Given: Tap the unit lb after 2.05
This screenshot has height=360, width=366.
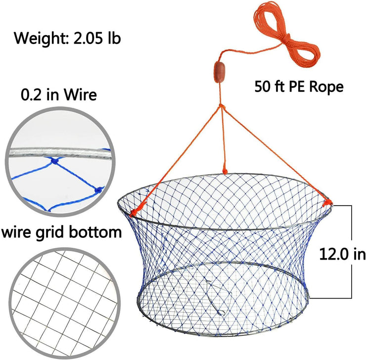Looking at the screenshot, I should tap(115, 38).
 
